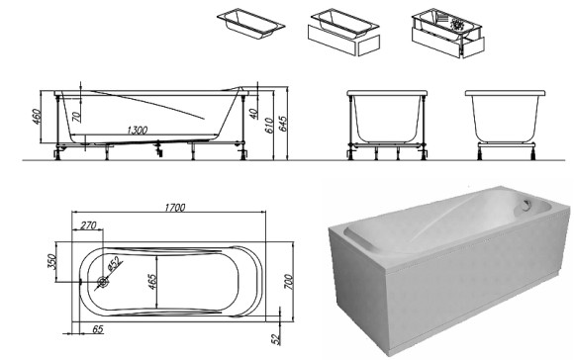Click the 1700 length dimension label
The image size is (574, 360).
[175, 208]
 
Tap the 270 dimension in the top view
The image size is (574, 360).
[88, 225]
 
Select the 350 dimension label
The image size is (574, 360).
[51, 262]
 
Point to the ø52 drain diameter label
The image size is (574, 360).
[114, 264]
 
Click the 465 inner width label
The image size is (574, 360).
[152, 282]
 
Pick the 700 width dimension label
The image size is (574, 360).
[288, 282]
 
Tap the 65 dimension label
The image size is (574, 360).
[97, 329]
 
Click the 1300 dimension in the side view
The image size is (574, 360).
[138, 131]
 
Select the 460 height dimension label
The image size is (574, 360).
[38, 116]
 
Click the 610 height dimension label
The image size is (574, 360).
[269, 126]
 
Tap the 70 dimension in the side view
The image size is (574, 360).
[76, 117]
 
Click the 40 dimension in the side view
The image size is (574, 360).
[254, 114]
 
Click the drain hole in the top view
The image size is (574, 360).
[103, 282]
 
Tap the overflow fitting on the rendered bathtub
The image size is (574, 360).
[526, 205]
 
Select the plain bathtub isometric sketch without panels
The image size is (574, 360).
[250, 24]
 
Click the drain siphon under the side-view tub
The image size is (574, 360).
[158, 148]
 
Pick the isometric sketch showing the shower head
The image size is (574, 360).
[448, 34]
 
